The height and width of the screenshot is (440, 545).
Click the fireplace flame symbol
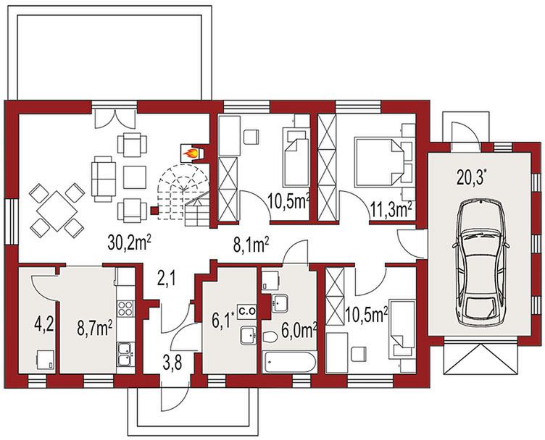click(191, 153)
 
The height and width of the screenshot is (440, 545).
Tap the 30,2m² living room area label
click(129, 242)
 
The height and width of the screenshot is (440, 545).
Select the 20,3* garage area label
click(470, 179)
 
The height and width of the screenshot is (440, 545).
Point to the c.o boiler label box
click(246, 311)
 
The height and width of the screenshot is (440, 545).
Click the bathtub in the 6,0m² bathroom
click(289, 363)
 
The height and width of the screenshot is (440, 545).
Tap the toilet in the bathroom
click(270, 337)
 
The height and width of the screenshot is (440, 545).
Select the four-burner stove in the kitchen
click(125, 308)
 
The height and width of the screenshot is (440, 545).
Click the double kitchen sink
click(125, 355)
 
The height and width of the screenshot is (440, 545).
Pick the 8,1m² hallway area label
click(251, 247)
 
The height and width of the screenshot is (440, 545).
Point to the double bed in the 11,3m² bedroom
click(379, 161)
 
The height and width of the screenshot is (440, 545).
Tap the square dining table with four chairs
click(57, 211)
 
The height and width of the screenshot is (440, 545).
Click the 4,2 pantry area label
click(44, 324)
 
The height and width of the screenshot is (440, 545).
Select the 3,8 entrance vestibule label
click(172, 363)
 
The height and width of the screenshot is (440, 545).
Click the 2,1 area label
click(167, 279)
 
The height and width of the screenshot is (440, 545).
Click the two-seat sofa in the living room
click(103, 179)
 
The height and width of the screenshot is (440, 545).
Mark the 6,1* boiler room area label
click(222, 321)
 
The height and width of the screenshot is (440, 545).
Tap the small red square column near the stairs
click(154, 211)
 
